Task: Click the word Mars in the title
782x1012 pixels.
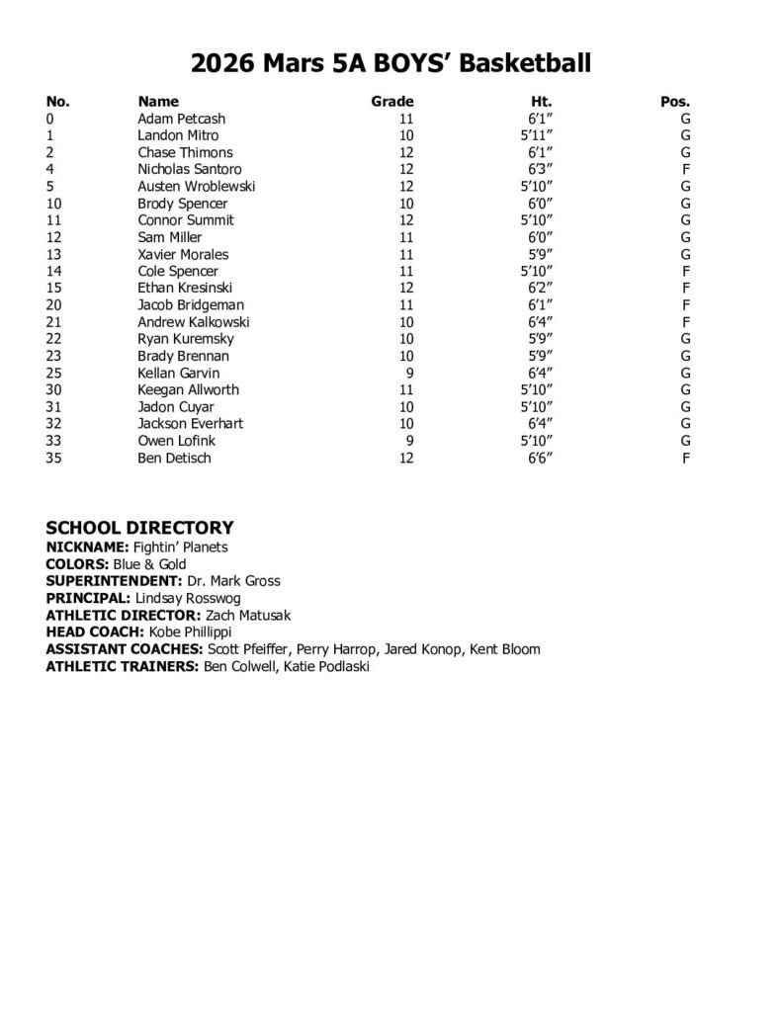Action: point(300,65)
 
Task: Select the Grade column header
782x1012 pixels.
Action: point(391,101)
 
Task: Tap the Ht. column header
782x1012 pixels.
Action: point(541,101)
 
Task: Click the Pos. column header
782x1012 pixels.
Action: point(674,101)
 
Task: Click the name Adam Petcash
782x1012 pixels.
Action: point(182,119)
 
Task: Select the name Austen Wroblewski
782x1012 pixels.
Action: point(197,186)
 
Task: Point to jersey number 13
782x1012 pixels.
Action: point(54,254)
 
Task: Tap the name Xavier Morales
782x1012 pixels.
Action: point(183,254)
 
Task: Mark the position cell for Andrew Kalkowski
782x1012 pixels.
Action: point(685,322)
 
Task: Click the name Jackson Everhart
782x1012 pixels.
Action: point(190,424)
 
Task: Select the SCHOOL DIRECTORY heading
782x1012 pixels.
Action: point(139,528)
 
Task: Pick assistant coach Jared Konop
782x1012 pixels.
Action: point(421,649)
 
